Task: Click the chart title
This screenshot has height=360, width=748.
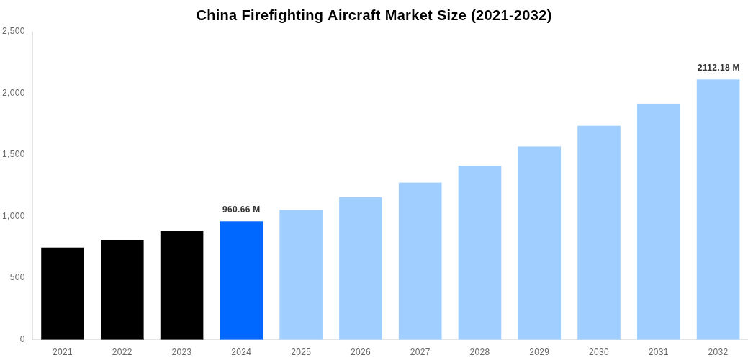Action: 374,15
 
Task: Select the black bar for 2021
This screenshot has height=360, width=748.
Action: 63,293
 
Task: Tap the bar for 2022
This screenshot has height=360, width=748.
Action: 122,289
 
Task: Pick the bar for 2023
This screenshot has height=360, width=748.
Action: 181,285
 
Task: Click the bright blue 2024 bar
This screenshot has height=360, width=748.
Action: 241,280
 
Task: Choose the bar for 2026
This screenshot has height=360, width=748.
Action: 361,268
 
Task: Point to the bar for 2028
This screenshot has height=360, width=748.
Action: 479,252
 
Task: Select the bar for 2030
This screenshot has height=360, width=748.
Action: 599,233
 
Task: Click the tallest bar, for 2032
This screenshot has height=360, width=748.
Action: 718,209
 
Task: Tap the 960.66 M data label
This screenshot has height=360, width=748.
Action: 241,210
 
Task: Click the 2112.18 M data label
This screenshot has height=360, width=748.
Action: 718,68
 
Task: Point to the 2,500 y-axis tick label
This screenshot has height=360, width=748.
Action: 13,31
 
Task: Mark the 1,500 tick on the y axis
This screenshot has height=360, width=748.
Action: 13,154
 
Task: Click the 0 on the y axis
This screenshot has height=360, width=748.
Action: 22,339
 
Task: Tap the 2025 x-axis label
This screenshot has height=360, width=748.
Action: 301,352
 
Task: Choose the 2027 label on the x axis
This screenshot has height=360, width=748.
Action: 420,352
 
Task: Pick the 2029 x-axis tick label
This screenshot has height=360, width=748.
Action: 539,352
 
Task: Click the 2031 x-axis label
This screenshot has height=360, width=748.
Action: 658,352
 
